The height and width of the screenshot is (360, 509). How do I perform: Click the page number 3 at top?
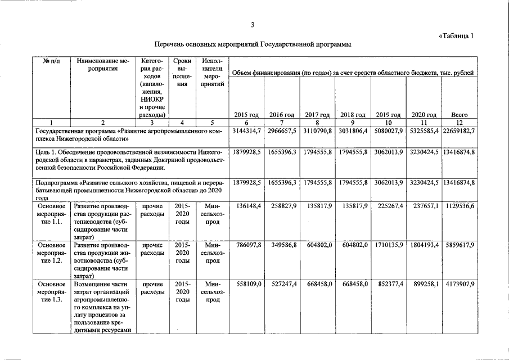(x=253, y=24)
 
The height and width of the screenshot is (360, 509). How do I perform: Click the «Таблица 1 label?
(x=456, y=35)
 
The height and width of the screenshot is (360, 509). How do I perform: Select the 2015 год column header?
(x=246, y=115)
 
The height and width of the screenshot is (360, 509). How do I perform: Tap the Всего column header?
(x=460, y=115)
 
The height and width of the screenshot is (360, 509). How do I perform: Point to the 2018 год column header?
(x=353, y=115)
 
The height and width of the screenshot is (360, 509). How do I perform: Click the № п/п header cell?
(x=52, y=61)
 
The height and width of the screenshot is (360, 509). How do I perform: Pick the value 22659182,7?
(x=459, y=130)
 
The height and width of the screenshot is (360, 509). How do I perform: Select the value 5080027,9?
(x=389, y=130)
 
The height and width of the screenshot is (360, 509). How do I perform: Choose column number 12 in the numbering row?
(x=460, y=122)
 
